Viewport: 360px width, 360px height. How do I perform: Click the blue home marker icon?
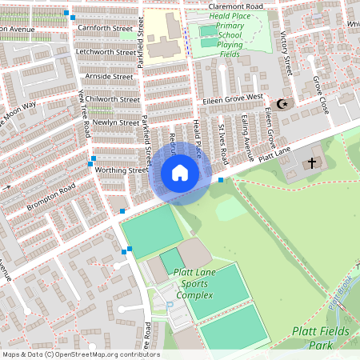click(180, 173)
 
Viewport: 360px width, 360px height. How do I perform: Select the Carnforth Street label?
click(105, 28)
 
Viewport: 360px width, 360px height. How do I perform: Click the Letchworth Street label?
click(105, 52)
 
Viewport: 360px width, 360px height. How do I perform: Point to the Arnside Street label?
click(108, 76)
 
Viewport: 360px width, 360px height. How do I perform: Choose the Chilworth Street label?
click(112, 99)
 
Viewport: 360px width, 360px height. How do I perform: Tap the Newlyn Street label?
click(115, 122)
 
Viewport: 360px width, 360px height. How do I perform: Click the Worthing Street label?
click(121, 170)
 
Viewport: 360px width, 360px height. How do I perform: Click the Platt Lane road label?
click(274, 150)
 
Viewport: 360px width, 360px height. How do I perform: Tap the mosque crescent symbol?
click(281, 104)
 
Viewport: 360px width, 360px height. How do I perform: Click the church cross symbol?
click(311, 163)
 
